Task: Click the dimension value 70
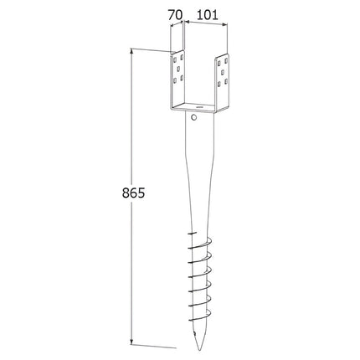point(175,15)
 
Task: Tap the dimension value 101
point(207,15)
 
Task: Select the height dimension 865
point(133,193)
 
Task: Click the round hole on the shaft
point(194,117)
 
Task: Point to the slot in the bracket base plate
point(199,106)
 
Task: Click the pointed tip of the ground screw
point(199,349)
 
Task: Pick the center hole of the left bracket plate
point(178,68)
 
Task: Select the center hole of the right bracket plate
point(223,73)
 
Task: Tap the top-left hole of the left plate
point(174,59)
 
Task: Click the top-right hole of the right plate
point(226,60)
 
